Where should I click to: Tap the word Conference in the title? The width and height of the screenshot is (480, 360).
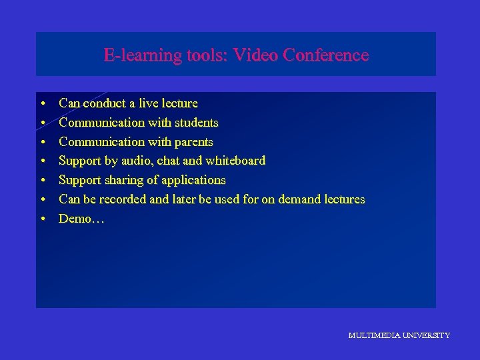pyautogui.click(x=325, y=55)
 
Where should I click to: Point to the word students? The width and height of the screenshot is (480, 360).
pyautogui.click(x=194, y=123)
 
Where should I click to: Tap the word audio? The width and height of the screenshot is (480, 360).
pyautogui.click(x=137, y=161)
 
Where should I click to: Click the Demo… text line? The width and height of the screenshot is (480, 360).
pyautogui.click(x=77, y=219)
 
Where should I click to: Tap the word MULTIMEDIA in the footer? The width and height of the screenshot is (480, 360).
pyautogui.click(x=373, y=335)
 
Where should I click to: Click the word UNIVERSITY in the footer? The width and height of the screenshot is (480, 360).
pyautogui.click(x=425, y=335)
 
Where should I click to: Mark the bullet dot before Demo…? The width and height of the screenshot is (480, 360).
pyautogui.click(x=42, y=219)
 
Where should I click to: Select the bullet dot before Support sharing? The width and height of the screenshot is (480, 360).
pyautogui.click(x=42, y=181)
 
